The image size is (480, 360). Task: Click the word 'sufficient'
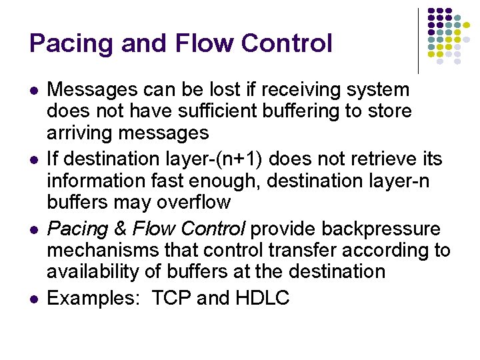coord(229,111)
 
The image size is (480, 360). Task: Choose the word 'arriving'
coord(80,133)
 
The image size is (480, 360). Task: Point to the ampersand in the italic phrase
coord(120,229)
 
